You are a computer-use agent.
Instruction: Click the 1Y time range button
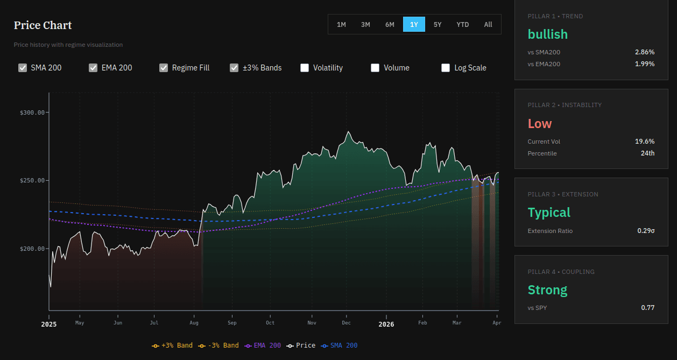414,24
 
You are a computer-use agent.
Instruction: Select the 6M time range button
390,24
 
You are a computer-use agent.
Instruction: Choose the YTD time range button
462,24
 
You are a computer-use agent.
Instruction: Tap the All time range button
488,24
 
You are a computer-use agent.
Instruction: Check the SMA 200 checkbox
23,68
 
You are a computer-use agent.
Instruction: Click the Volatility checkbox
305,68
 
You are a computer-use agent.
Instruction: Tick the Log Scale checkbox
446,68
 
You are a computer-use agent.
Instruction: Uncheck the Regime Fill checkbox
164,68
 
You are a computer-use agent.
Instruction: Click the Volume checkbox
375,68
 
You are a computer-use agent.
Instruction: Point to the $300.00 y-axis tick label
32,112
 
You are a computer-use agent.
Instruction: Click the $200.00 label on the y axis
32,249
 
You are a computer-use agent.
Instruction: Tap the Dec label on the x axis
346,323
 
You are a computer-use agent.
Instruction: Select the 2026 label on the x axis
386,324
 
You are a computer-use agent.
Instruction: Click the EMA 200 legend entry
263,345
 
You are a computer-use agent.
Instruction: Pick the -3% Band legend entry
218,345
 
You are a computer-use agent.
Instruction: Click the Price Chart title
43,25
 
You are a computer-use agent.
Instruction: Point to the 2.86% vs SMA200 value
644,52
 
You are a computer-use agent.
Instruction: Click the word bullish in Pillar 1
547,34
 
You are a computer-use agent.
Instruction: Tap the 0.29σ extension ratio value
646,231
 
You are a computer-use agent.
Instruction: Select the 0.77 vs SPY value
647,308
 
